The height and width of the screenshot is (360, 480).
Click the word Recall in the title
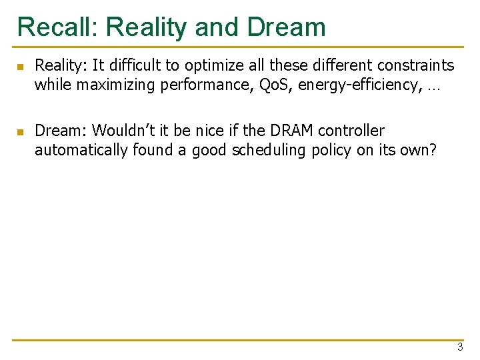coord(57,27)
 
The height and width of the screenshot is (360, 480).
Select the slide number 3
coord(460,347)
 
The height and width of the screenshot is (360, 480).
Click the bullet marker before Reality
coord(20,66)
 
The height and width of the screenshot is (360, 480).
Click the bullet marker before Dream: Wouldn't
coord(20,131)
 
